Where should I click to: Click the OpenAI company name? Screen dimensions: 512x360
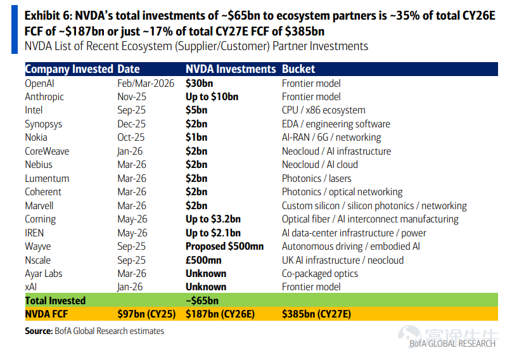click(x=39, y=84)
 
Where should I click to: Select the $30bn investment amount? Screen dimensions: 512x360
click(x=199, y=84)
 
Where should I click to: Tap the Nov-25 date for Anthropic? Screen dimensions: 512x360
click(x=132, y=97)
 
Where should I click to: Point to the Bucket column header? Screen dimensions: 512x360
click(x=298, y=69)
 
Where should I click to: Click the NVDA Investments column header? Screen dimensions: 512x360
click(x=231, y=69)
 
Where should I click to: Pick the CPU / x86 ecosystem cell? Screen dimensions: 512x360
click(x=323, y=110)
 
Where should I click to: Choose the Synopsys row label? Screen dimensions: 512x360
click(x=44, y=124)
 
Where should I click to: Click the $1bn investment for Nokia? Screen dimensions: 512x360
click(x=196, y=138)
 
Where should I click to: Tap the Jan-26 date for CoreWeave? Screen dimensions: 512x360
click(x=130, y=151)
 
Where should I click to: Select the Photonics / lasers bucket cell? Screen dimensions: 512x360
click(x=316, y=179)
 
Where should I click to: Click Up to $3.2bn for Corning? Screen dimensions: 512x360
click(x=213, y=219)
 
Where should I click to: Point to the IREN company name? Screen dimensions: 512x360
click(x=34, y=233)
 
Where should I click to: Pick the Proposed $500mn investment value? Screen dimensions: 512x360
click(x=224, y=247)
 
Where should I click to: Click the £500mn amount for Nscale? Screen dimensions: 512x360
click(x=203, y=260)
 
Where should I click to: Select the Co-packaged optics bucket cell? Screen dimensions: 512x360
click(x=319, y=274)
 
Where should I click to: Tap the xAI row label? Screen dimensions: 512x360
click(x=30, y=287)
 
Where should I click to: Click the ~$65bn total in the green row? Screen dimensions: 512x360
click(x=202, y=300)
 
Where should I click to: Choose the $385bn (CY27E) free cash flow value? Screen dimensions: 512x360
click(x=316, y=314)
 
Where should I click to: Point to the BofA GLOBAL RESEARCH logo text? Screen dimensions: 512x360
click(x=452, y=344)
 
